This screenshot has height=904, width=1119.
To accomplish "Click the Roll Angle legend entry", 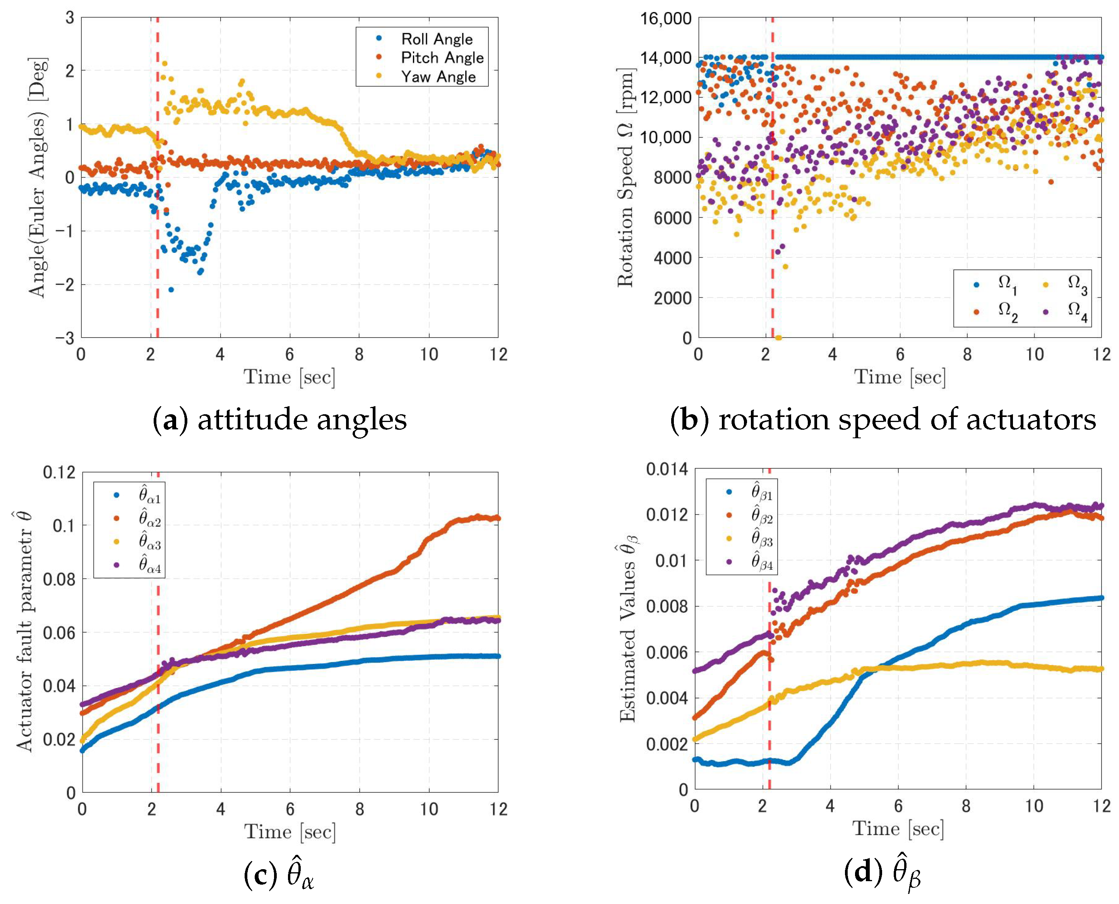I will (x=436, y=39).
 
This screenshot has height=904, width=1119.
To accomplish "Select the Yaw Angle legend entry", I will (x=438, y=77).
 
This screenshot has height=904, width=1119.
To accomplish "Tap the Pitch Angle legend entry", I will (x=442, y=58).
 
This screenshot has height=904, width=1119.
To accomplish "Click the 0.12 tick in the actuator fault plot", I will (x=59, y=472).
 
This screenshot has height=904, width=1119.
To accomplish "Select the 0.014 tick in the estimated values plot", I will (x=667, y=469).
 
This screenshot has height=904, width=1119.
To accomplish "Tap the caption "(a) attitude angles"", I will (x=279, y=420).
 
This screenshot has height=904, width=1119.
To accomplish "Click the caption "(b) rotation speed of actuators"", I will (x=883, y=420).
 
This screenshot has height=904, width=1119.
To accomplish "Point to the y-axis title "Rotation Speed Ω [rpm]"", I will (x=625, y=178).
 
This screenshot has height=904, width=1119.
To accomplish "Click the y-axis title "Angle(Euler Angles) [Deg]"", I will (x=38, y=178).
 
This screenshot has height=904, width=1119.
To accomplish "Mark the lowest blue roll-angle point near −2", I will (x=171, y=290).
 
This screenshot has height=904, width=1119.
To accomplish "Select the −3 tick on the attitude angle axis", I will (x=65, y=338).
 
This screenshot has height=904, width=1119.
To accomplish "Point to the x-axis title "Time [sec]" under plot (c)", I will (x=290, y=832).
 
